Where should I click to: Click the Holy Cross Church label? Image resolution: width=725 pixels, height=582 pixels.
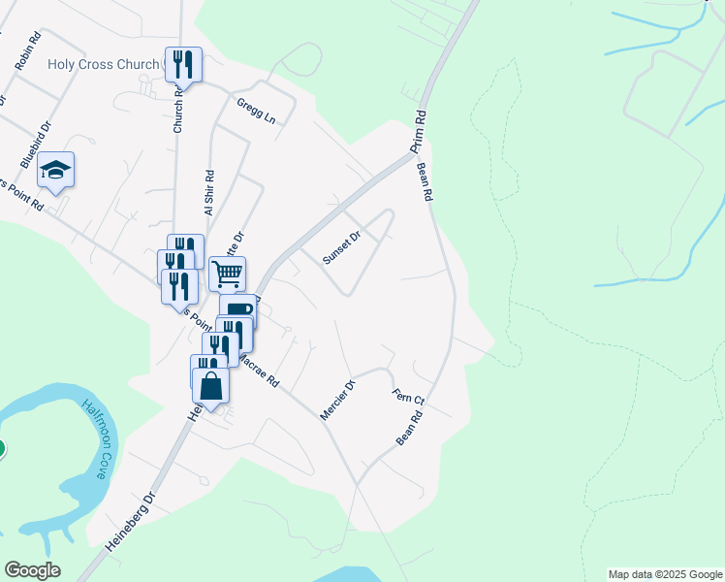tap(102, 65)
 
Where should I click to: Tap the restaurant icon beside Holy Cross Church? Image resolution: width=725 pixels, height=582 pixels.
tap(183, 65)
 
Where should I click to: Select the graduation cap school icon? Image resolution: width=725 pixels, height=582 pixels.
tap(56, 171)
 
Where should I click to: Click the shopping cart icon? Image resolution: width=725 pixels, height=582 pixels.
tap(227, 274)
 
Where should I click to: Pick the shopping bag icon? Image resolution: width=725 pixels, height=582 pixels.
tap(210, 386)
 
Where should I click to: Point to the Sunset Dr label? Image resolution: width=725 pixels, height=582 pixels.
tap(341, 246)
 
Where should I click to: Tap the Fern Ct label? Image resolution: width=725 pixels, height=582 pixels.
tap(408, 398)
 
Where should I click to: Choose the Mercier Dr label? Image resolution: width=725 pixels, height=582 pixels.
tap(338, 400)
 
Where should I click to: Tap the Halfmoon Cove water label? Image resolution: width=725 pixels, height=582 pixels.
tap(101, 442)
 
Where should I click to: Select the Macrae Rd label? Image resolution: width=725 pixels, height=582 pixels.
tap(260, 371)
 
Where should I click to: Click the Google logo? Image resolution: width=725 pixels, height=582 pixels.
tap(32, 570)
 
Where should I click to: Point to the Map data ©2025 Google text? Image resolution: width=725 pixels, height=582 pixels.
tap(664, 574)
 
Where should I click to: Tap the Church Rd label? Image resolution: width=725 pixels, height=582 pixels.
tap(178, 117)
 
